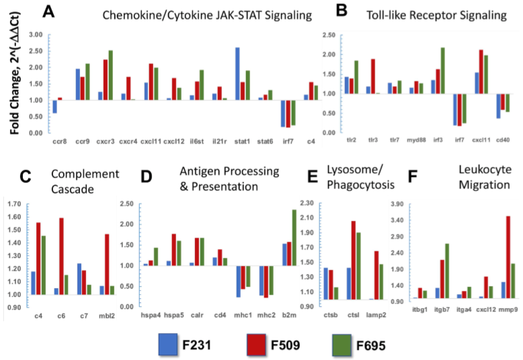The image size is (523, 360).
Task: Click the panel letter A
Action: (x=48, y=11)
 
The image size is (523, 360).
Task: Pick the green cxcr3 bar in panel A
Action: (x=110, y=75)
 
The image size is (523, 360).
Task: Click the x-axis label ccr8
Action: (x=59, y=142)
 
